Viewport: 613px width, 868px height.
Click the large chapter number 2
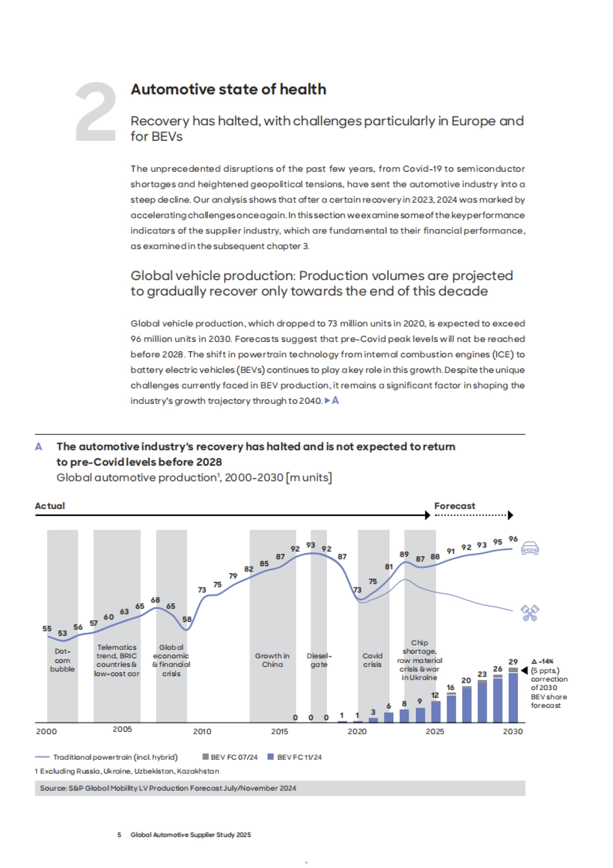pos(96,111)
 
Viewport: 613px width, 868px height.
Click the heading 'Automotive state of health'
pos(228,89)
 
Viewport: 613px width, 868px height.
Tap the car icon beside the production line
pos(530,548)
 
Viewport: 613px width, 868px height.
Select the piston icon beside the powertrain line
pos(530,612)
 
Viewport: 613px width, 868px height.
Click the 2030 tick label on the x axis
pos(513,732)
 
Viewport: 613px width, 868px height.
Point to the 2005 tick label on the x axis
pos(122,729)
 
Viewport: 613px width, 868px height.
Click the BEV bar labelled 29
pos(513,696)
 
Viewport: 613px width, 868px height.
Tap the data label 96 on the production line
pos(513,539)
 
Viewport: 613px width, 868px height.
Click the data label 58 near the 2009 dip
pos(187,619)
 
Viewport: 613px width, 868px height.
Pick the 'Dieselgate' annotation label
pos(319,660)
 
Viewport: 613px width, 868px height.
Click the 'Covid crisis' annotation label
pos(372,660)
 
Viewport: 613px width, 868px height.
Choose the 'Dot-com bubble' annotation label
pos(62,660)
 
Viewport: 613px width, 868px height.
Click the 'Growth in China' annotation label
pos(272,660)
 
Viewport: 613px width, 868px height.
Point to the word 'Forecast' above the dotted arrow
pos(455,506)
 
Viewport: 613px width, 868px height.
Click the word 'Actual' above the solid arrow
pos(50,506)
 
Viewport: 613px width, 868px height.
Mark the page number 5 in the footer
pos(120,835)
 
